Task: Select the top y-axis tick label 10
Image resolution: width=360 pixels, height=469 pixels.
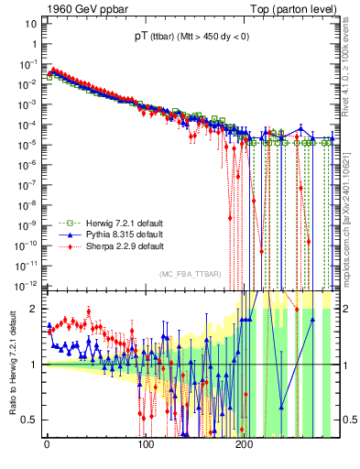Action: [29, 22]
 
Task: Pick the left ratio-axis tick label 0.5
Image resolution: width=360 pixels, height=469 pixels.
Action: [31, 420]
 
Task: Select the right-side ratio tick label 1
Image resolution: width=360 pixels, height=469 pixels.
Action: [341, 365]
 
